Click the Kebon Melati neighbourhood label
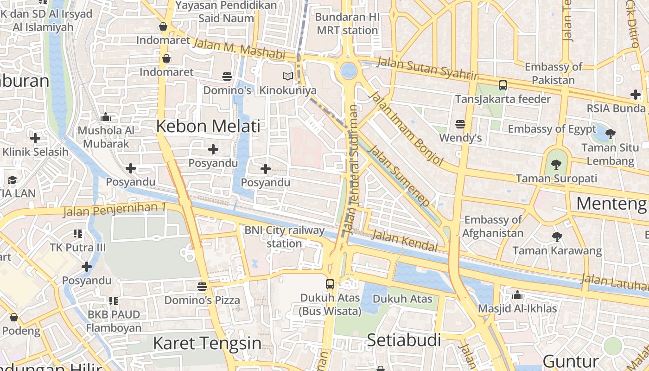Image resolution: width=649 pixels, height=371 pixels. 208,126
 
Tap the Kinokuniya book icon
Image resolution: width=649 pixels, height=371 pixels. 288,77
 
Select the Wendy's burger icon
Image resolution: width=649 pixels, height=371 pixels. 460,124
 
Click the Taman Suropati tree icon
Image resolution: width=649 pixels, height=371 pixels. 556,164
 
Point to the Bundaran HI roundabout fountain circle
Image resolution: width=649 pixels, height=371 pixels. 349,71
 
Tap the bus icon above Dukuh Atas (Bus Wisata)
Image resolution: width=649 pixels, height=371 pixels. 330,284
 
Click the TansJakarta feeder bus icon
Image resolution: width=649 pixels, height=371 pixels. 503,85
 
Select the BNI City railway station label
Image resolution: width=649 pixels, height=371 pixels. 285,237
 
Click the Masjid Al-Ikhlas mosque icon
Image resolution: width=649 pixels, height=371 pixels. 517,295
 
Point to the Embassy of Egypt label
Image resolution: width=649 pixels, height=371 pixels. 552,128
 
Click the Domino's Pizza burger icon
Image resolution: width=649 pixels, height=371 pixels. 202,286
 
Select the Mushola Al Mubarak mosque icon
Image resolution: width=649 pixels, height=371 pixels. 106,117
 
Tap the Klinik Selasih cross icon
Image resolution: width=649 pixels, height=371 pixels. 35,138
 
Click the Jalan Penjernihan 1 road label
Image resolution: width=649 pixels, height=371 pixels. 114,210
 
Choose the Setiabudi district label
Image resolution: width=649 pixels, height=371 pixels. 404,340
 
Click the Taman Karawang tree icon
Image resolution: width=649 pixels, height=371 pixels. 557,237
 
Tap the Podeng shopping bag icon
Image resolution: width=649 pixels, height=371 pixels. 14,317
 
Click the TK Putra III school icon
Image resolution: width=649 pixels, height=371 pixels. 77,233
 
